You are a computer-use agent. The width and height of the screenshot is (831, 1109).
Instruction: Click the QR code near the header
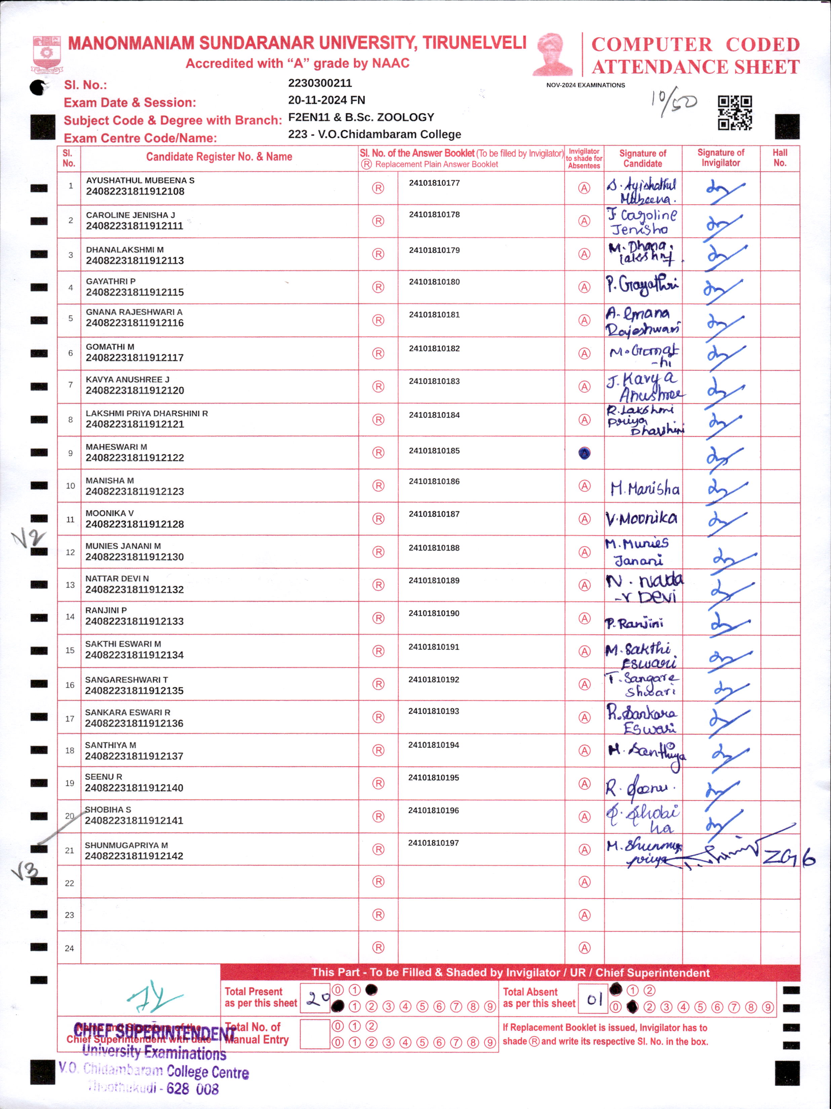click(x=735, y=113)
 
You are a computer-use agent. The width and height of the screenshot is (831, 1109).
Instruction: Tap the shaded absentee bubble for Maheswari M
click(x=584, y=453)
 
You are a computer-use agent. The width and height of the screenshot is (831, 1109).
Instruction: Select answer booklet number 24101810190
click(x=434, y=613)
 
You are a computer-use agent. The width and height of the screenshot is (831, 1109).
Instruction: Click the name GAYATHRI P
click(x=110, y=281)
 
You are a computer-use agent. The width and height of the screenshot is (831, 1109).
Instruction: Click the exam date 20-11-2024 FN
click(x=326, y=100)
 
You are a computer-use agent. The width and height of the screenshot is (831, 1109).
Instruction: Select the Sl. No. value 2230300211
click(x=320, y=83)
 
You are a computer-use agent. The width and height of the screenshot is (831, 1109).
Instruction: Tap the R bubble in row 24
click(x=378, y=948)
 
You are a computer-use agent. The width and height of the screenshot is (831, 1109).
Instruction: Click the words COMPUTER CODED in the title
click(x=695, y=45)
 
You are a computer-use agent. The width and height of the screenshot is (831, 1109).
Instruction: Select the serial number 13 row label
click(x=70, y=585)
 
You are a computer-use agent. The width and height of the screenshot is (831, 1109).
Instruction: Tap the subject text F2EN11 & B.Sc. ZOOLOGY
click(x=361, y=117)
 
